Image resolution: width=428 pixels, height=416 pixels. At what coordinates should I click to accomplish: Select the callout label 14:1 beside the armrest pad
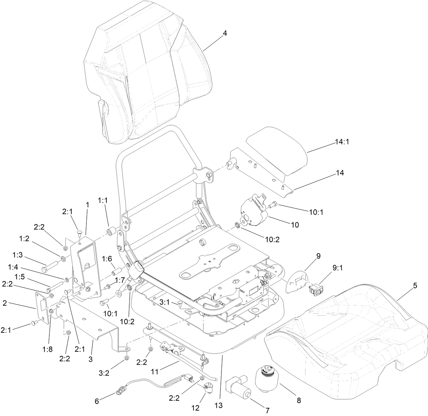[342, 141]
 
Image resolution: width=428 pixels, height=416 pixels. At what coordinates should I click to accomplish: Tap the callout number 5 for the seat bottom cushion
[415, 286]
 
